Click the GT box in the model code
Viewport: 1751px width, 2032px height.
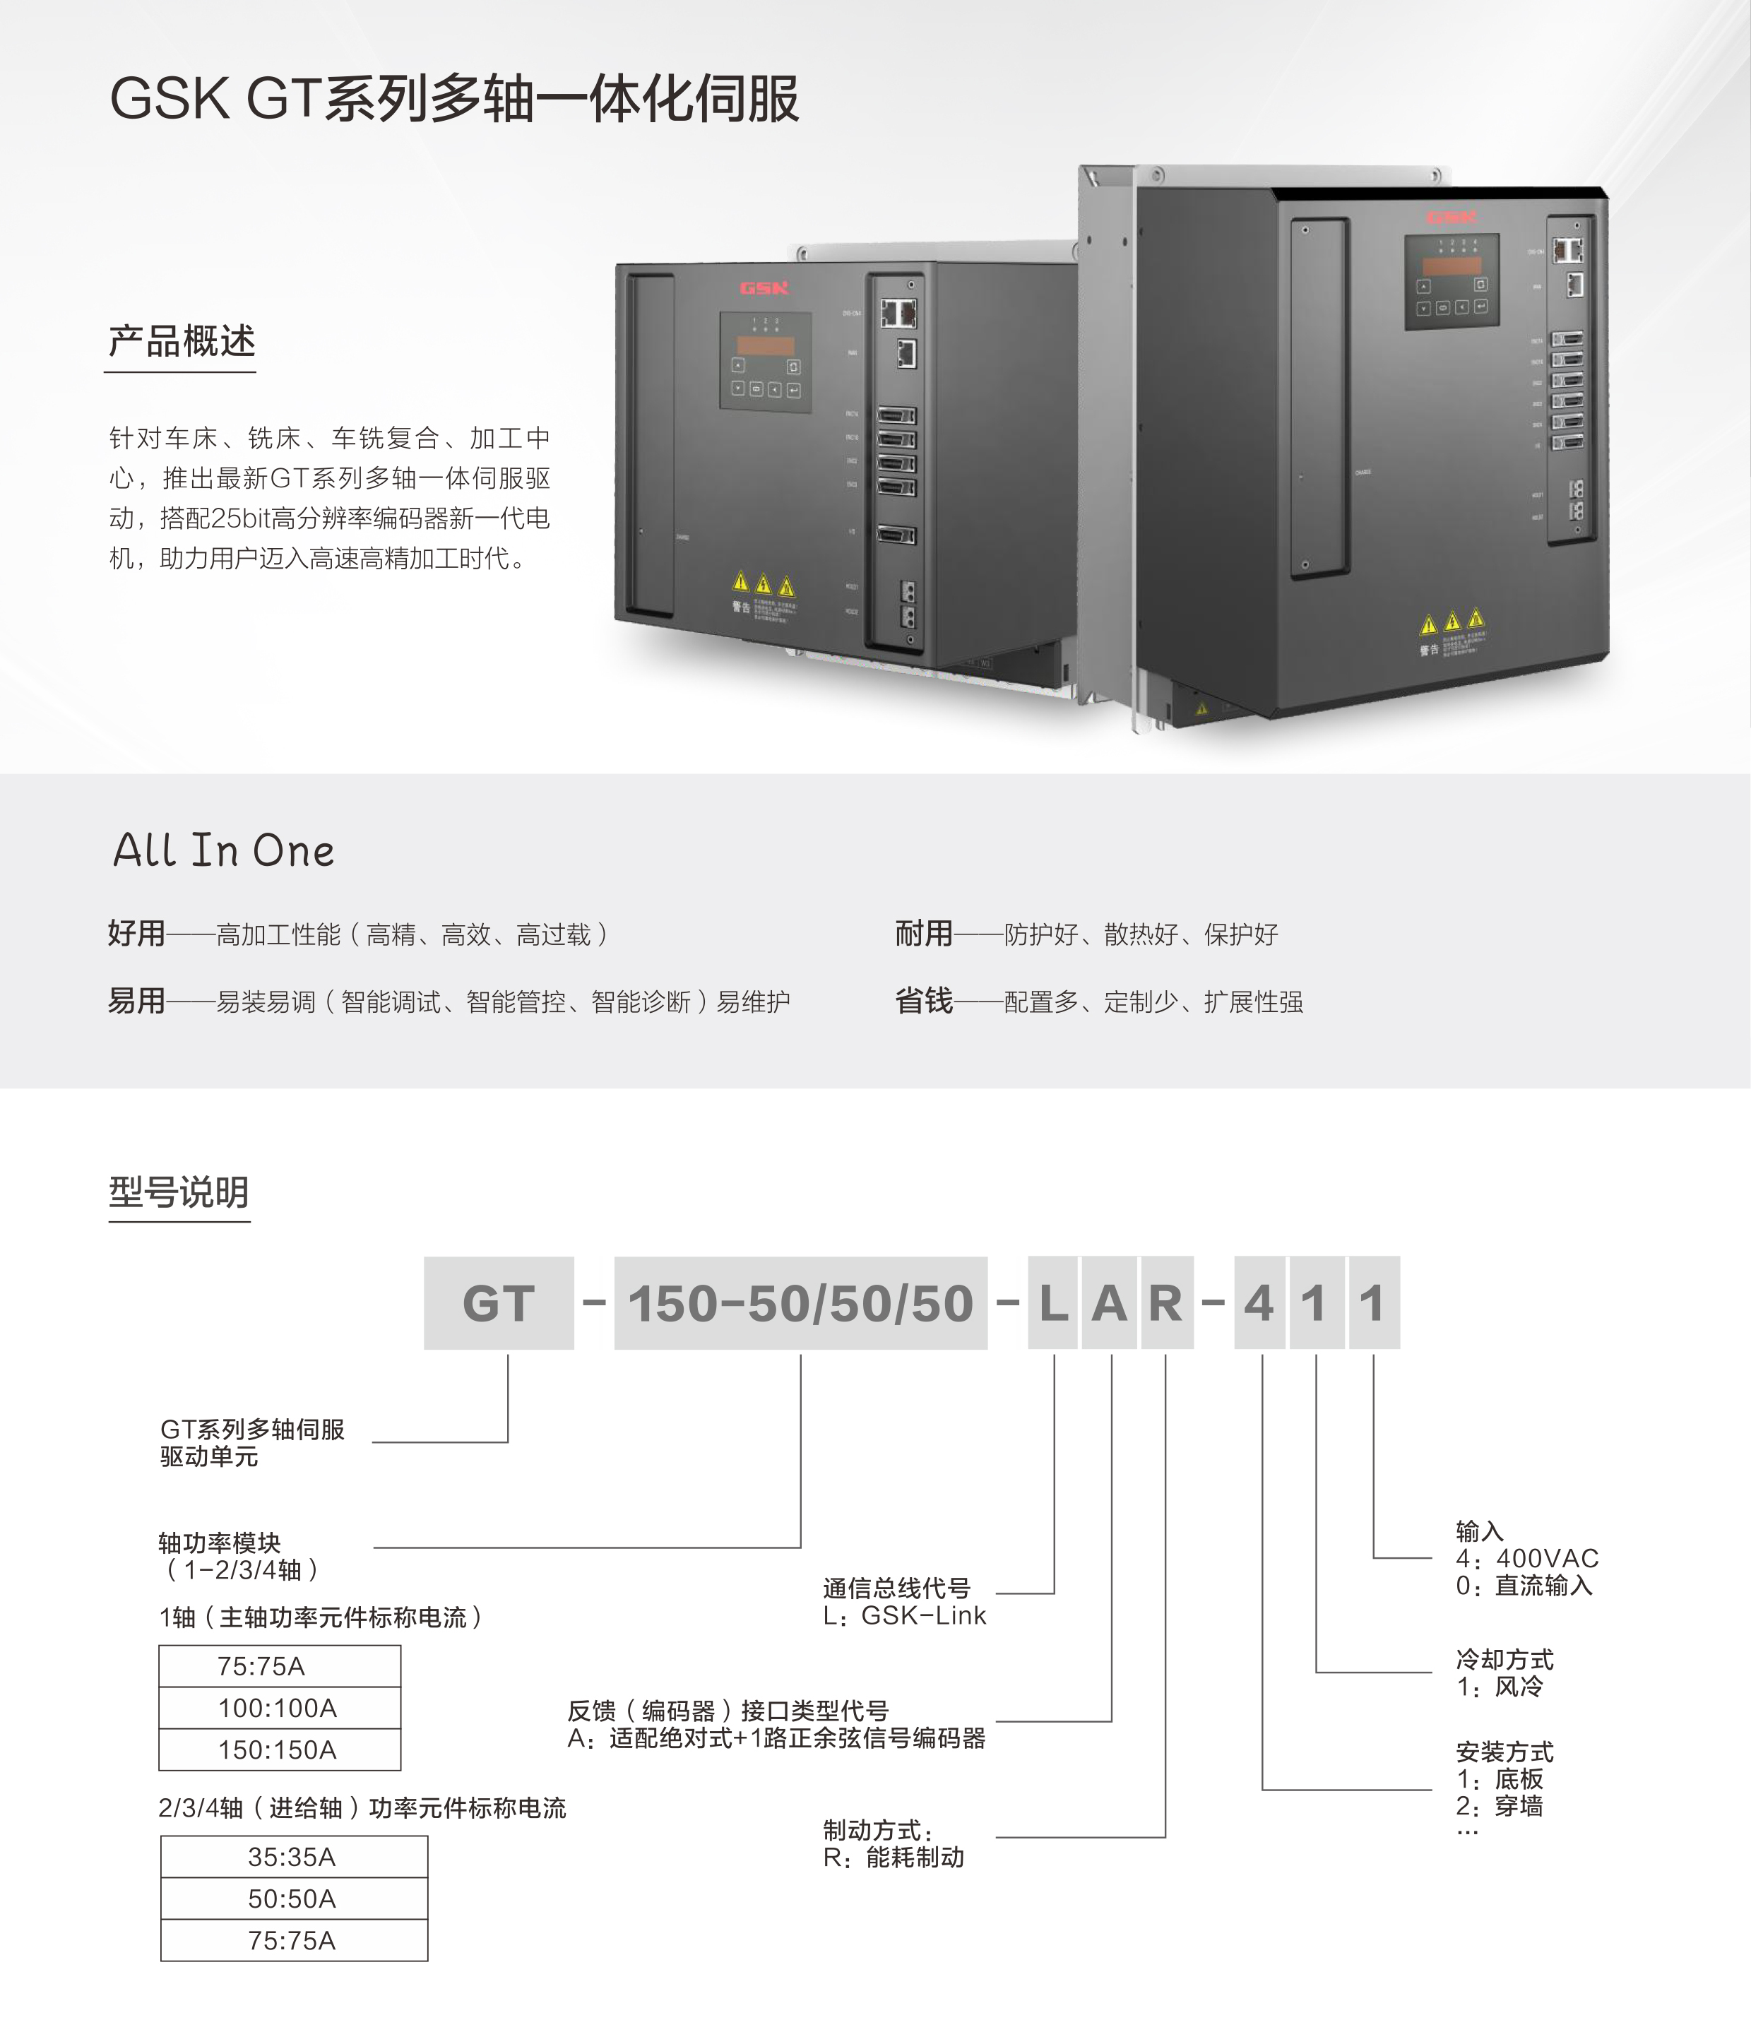(499, 1302)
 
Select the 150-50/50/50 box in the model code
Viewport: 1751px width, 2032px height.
(800, 1302)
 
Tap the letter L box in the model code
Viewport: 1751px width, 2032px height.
(1054, 1302)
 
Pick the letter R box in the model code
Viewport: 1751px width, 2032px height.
(1166, 1302)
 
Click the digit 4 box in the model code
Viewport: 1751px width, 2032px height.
(1259, 1302)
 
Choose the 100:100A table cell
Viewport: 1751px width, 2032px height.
(278, 1707)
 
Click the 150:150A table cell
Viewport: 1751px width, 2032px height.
(278, 1749)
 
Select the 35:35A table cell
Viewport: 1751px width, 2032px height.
(293, 1856)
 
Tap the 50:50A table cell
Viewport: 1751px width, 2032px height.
(293, 1899)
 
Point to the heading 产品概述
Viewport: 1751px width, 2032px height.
(182, 341)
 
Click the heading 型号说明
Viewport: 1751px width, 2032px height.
(179, 1192)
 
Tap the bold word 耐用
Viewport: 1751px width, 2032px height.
(923, 932)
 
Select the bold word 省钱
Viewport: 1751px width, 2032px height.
(923, 1000)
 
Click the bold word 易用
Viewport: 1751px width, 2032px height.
(136, 1000)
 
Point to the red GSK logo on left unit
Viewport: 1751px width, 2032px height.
(764, 287)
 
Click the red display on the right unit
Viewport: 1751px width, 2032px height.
(1452, 266)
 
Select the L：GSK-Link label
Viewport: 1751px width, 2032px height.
(904, 1615)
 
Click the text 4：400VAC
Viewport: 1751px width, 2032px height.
(1527, 1558)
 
